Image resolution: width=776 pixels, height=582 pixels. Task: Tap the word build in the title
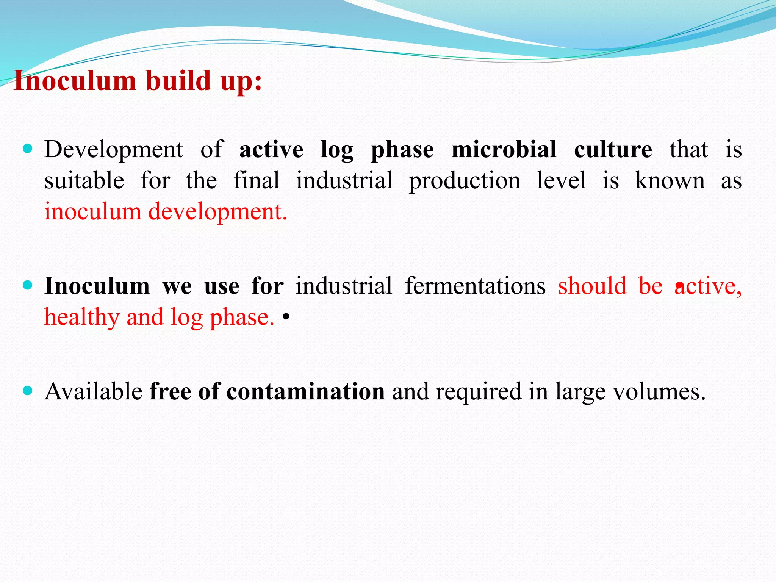click(178, 81)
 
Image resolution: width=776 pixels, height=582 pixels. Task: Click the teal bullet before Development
click(28, 148)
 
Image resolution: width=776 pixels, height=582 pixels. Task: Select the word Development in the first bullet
click(114, 150)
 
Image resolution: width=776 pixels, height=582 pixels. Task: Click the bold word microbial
click(504, 150)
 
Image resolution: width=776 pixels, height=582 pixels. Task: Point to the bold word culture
click(613, 150)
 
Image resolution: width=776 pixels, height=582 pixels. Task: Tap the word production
click(465, 181)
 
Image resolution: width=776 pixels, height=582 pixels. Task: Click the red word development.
click(217, 212)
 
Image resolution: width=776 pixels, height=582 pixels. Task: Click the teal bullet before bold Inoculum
click(28, 285)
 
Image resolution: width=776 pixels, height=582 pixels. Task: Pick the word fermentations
click(475, 286)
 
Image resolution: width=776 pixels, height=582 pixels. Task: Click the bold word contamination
click(305, 391)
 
